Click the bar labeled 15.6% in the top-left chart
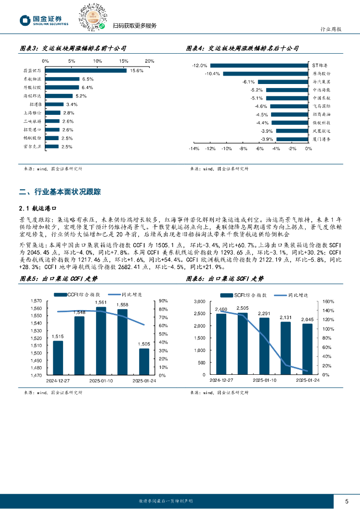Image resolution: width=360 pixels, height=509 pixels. pyautogui.click(x=86, y=71)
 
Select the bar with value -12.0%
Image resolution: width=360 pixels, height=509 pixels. pyautogui.click(x=259, y=65)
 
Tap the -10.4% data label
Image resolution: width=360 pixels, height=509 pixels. pyautogui.click(x=213, y=74)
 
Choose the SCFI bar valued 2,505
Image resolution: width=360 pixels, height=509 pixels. pyautogui.click(x=243, y=343)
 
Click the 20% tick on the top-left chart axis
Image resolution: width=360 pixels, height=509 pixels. pyautogui.click(x=149, y=61)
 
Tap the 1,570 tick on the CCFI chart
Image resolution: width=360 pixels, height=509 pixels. pyautogui.click(x=37, y=301)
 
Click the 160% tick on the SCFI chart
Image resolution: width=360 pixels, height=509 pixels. pyautogui.click(x=329, y=301)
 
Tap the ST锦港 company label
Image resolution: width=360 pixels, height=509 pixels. pyautogui.click(x=320, y=65)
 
